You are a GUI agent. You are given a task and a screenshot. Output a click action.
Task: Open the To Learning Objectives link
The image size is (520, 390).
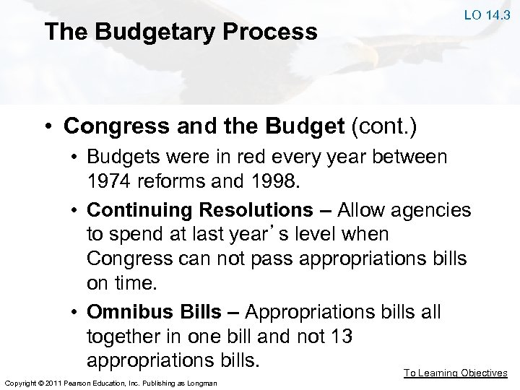(455, 373)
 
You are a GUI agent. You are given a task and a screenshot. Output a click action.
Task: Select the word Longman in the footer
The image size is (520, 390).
(201, 381)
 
